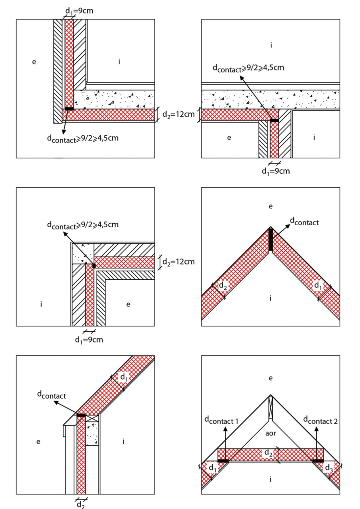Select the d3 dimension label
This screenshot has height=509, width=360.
tap(328, 467)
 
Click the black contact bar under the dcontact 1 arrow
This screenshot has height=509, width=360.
tap(223, 461)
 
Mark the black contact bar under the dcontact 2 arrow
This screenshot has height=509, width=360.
tap(318, 461)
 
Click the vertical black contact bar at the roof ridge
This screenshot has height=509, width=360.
tap(271, 239)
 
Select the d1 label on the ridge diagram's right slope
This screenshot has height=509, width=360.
tap(318, 287)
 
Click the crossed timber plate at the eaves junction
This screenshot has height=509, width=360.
tap(92, 419)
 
